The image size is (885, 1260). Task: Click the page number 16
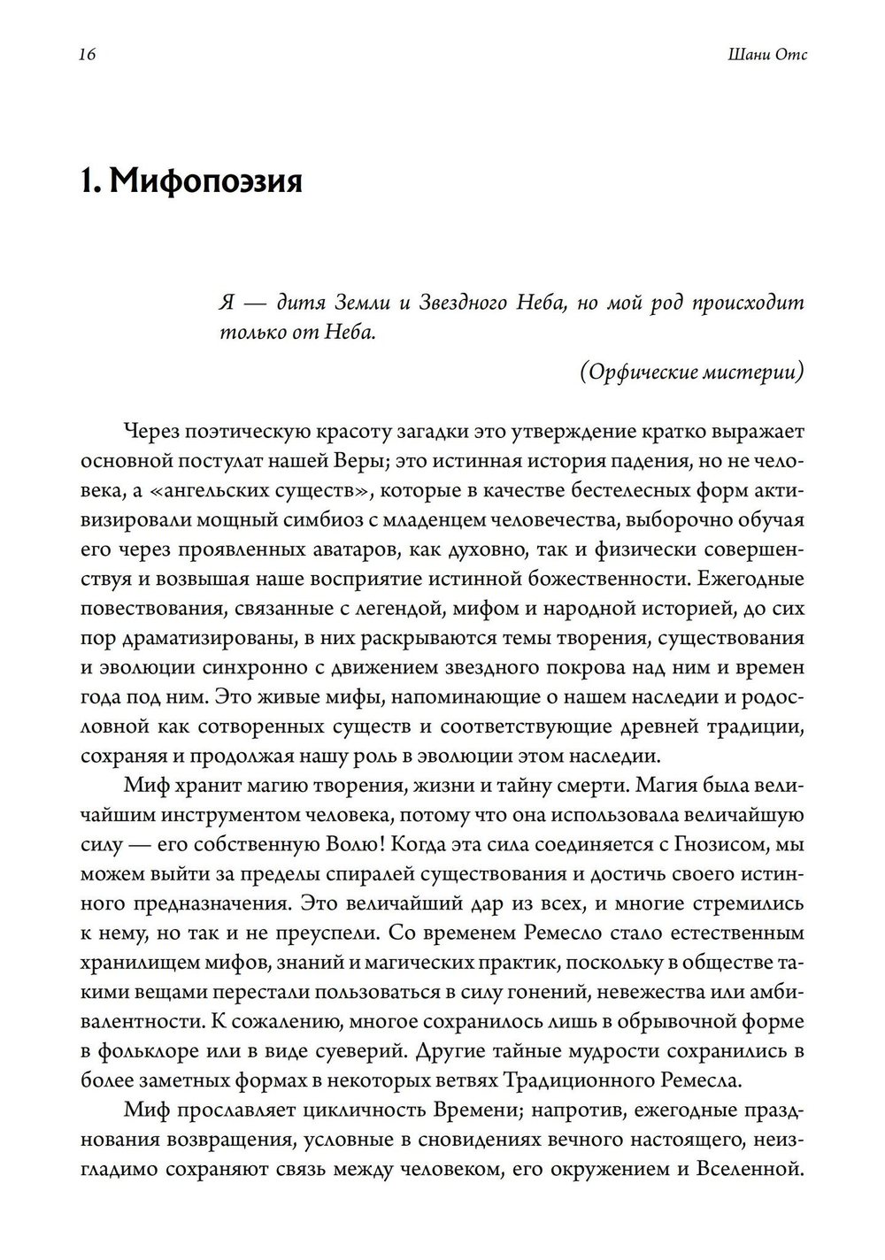(x=87, y=55)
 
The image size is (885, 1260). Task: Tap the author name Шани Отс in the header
(x=766, y=55)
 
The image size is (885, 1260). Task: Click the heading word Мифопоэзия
(x=205, y=182)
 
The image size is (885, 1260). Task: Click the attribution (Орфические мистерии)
(x=691, y=372)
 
